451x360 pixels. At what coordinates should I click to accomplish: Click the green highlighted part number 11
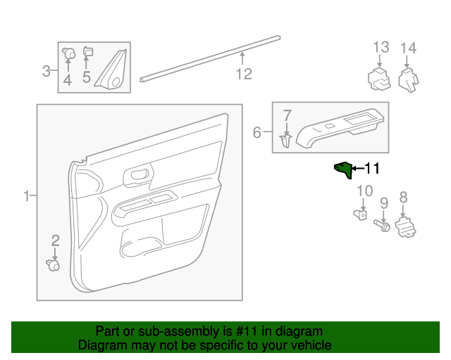(343, 169)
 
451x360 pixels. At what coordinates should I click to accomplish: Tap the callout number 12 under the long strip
(243, 73)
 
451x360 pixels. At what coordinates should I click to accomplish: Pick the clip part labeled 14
(408, 80)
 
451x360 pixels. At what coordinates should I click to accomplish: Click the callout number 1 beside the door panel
(27, 195)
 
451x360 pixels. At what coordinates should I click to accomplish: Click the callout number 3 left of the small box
(47, 70)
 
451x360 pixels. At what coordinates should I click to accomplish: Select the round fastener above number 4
(69, 52)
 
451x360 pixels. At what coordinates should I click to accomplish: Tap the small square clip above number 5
(88, 51)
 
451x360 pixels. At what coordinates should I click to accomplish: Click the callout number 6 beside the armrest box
(257, 132)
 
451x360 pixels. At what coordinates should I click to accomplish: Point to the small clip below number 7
(286, 141)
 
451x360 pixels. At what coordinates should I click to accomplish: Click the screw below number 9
(384, 226)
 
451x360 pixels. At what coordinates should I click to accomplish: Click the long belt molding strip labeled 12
(211, 57)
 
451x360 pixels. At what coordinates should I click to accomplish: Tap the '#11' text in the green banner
(252, 331)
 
